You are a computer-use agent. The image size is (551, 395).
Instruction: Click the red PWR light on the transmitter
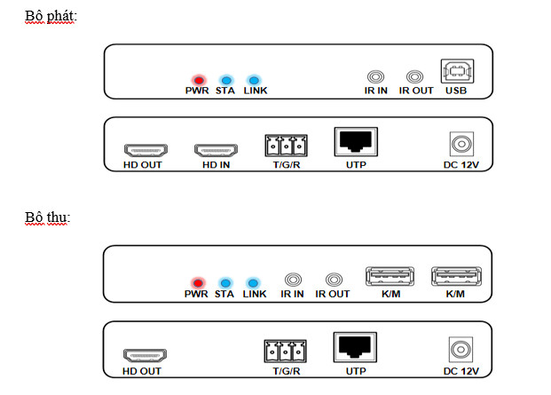[x=196, y=78]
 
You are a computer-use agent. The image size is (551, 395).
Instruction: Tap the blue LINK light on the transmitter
[x=253, y=78]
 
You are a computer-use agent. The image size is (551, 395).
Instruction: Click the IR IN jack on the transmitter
[x=376, y=78]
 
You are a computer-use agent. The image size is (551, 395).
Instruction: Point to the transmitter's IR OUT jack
[x=414, y=78]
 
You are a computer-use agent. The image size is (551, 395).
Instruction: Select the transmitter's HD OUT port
[x=140, y=150]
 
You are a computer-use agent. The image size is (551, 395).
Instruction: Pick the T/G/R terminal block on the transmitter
[x=284, y=146]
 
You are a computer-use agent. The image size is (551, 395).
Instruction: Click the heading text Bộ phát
[x=51, y=16]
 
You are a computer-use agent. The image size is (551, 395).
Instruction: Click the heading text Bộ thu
[x=47, y=217]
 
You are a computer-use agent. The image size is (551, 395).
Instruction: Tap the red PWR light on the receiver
[x=196, y=280]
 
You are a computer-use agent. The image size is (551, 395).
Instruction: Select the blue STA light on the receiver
[x=224, y=280]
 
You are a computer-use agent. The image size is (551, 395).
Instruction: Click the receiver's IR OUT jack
[x=334, y=280]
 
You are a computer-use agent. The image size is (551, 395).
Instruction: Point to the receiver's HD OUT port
[x=142, y=354]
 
